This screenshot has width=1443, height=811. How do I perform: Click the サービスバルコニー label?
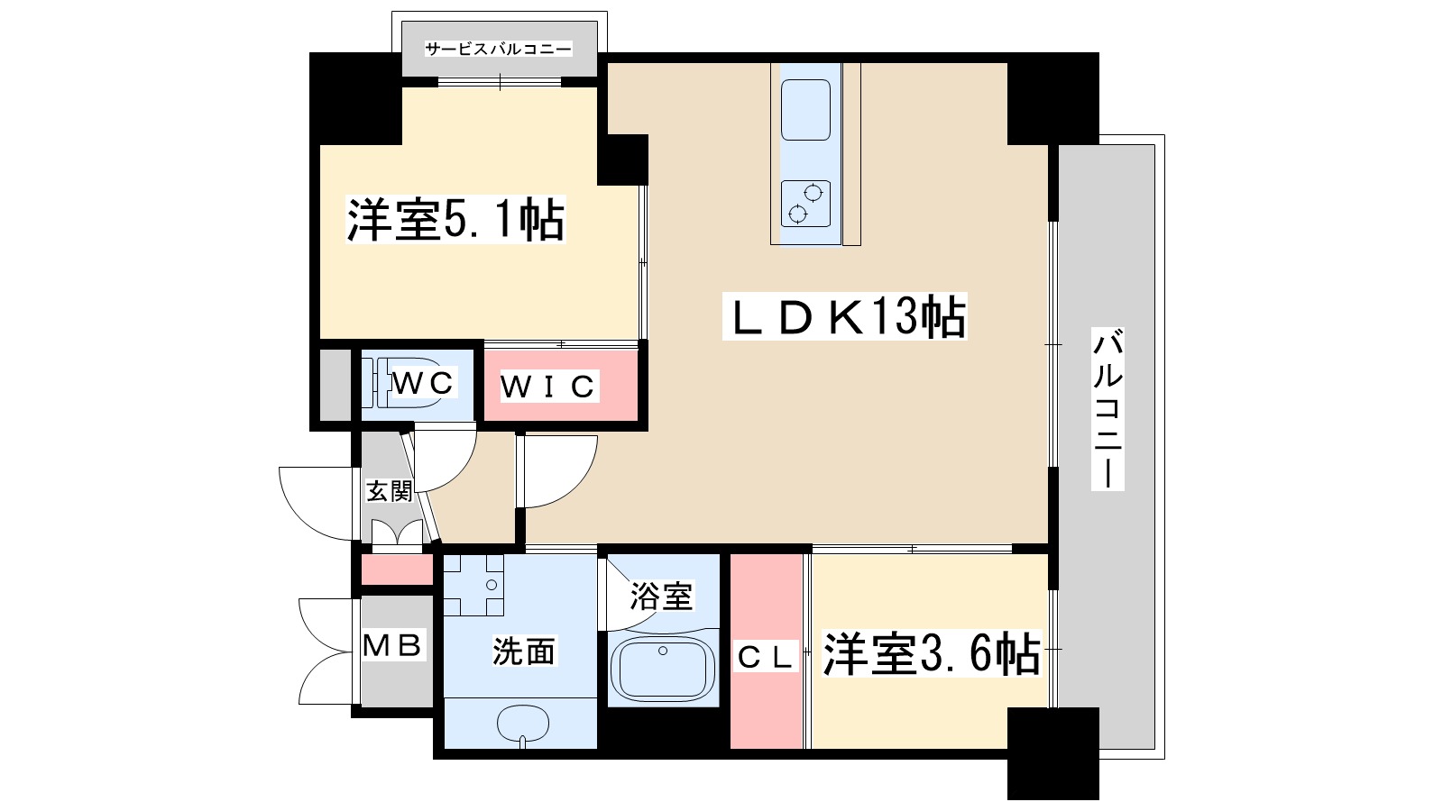tap(499, 50)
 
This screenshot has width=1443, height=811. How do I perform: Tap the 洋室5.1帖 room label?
tap(455, 220)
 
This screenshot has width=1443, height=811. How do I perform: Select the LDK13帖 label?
tap(845, 317)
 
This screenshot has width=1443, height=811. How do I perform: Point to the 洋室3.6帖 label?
tap(931, 654)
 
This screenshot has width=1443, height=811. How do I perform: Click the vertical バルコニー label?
tap(1108, 409)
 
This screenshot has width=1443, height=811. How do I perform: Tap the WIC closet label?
tap(547, 387)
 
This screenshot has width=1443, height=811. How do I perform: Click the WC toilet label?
tap(422, 382)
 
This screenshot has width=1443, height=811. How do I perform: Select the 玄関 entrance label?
tap(389, 491)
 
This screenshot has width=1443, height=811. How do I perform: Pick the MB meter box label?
tap(392, 645)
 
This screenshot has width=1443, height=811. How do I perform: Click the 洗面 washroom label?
tap(523, 651)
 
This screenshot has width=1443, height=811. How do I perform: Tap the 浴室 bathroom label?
tap(660, 596)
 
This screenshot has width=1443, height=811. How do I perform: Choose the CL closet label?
tap(765, 657)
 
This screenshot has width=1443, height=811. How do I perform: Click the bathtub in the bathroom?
tap(663, 670)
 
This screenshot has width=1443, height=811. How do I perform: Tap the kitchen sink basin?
tap(805, 109)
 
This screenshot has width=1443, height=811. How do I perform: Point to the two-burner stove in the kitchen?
tap(805, 203)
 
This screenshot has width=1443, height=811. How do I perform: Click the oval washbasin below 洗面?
tap(523, 722)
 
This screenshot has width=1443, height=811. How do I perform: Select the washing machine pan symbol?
tap(473, 585)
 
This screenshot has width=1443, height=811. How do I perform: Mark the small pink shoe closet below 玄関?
tap(398, 570)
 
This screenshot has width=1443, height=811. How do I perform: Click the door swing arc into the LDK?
tap(559, 470)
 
